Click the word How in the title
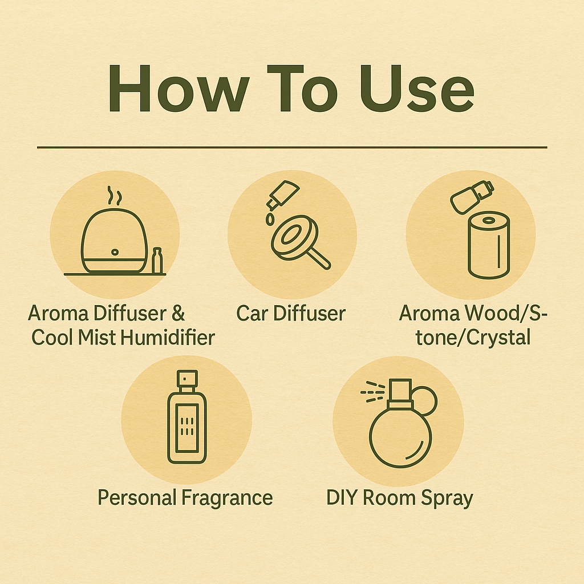(179, 88)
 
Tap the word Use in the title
(417, 88)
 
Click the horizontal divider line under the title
(292, 148)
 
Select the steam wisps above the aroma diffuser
(114, 196)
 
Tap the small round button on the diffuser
(115, 252)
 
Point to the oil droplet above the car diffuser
(270, 220)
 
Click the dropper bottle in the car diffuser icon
(282, 194)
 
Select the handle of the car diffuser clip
(317, 257)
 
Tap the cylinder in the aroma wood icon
(489, 245)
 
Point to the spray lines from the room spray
(372, 392)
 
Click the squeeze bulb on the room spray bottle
(424, 401)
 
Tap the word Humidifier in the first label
(168, 338)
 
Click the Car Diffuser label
(291, 313)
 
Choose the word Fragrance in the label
(227, 497)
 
